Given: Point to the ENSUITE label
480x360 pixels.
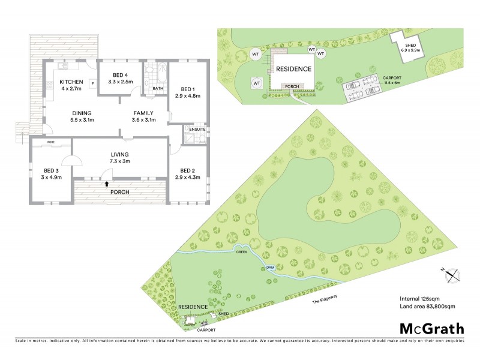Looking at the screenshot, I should click(197, 129).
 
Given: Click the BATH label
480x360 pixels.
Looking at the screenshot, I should click(158, 89).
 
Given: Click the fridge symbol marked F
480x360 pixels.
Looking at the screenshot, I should click(92, 83).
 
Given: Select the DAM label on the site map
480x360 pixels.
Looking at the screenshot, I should click(269, 268).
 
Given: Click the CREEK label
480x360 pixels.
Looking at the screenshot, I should click(242, 252).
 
